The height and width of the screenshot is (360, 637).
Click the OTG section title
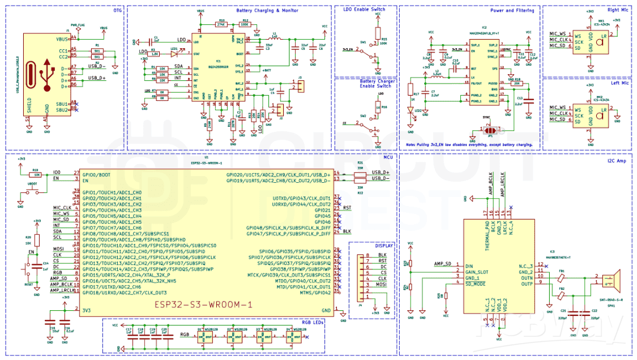[117, 10]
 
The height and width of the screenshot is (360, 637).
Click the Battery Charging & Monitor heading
[267, 10]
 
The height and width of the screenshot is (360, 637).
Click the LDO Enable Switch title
[365, 10]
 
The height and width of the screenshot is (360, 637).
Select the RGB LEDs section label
[312, 322]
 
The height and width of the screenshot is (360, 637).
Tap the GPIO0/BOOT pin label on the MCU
[96, 174]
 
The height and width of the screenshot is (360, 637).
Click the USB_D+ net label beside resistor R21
[382, 172]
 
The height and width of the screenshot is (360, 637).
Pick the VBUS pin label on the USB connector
[62, 39]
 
